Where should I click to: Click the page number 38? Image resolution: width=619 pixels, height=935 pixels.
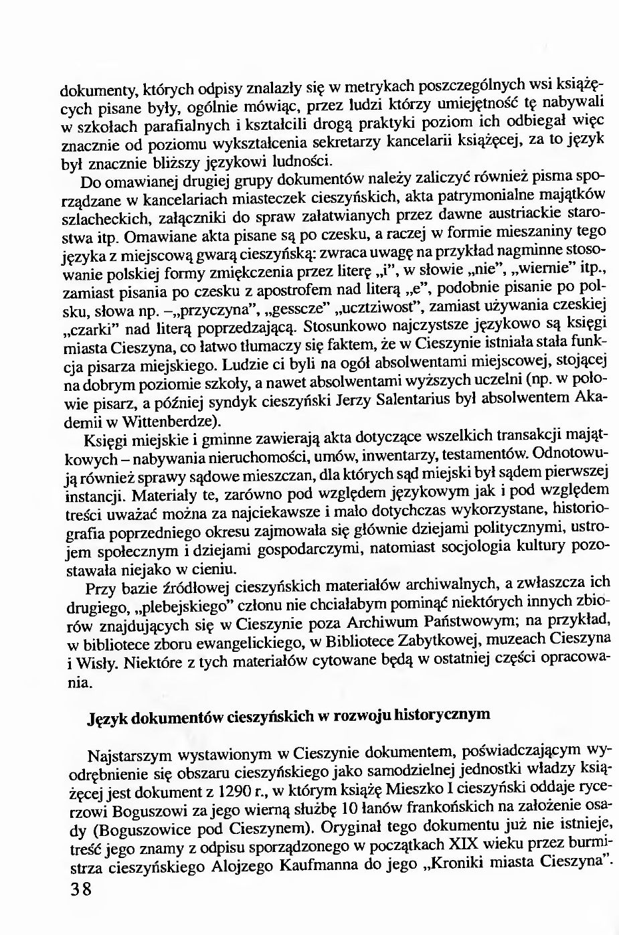pyautogui.click(x=79, y=891)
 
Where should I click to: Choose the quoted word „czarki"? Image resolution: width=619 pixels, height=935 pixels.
pyautogui.click(x=89, y=331)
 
